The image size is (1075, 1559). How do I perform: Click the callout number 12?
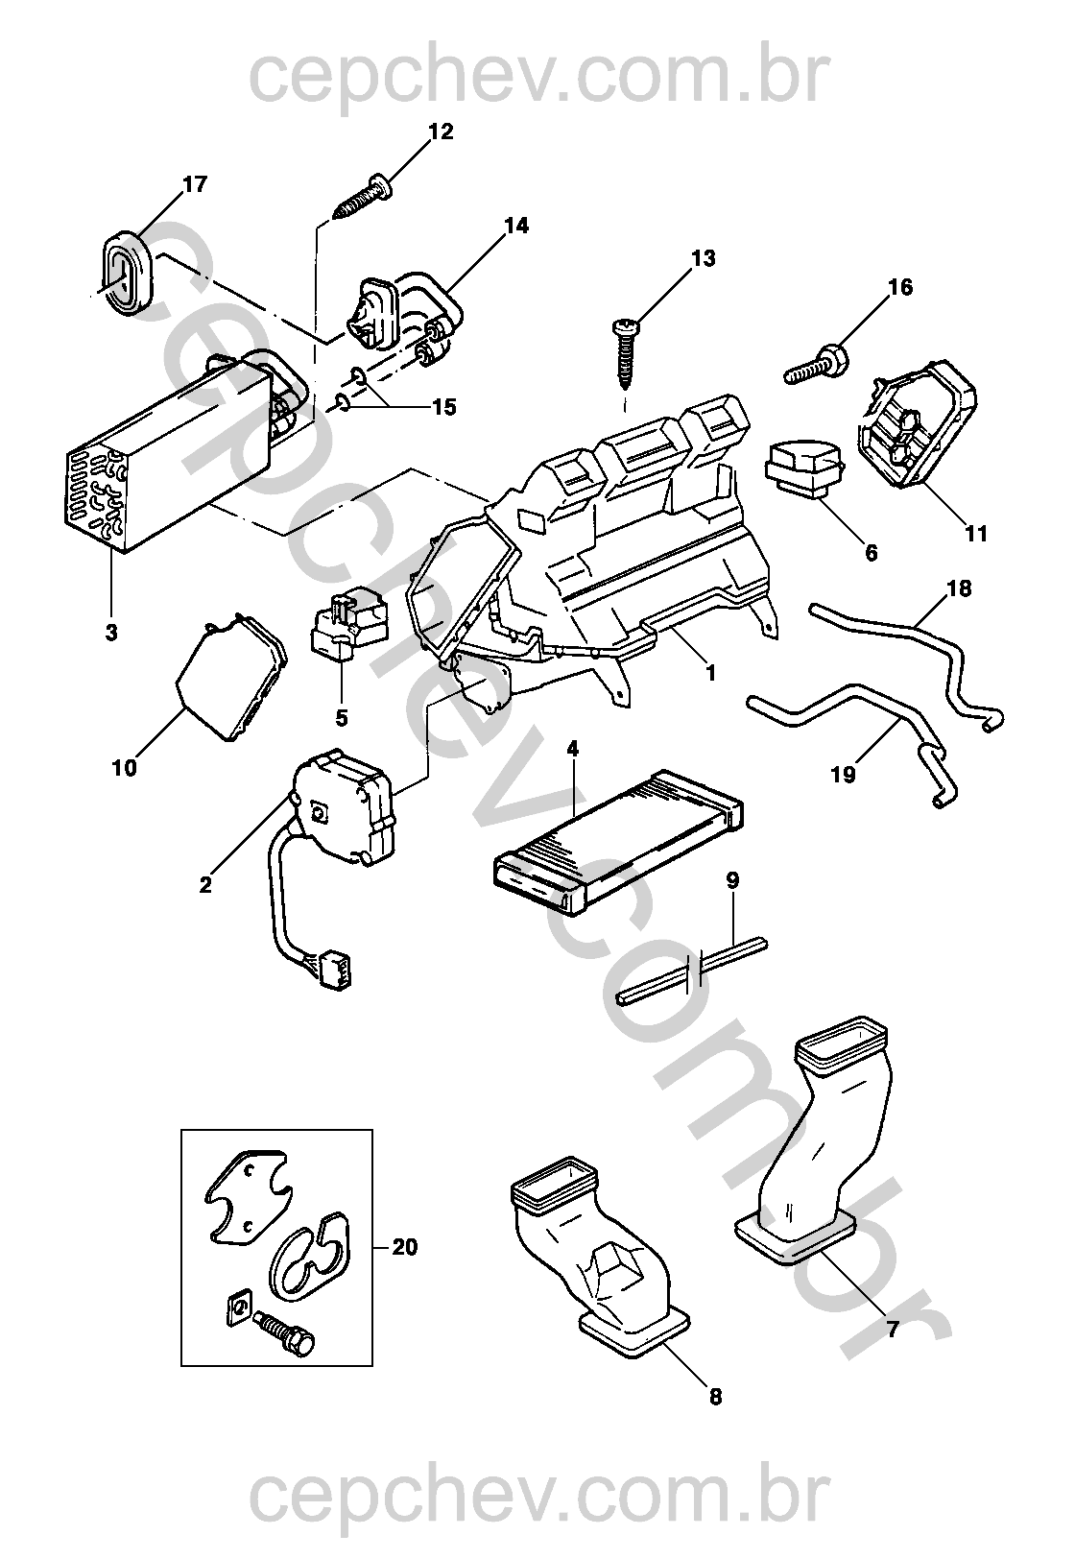click(x=441, y=132)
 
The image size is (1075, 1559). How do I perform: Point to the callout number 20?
click(x=405, y=1247)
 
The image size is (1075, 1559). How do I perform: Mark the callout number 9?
click(x=732, y=878)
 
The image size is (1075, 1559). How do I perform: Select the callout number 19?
click(x=843, y=773)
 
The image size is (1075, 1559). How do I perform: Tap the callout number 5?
click(x=342, y=717)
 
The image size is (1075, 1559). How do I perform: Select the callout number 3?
click(x=111, y=633)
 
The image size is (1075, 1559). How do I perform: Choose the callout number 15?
click(x=443, y=407)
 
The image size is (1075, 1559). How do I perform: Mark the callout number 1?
click(x=711, y=673)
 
